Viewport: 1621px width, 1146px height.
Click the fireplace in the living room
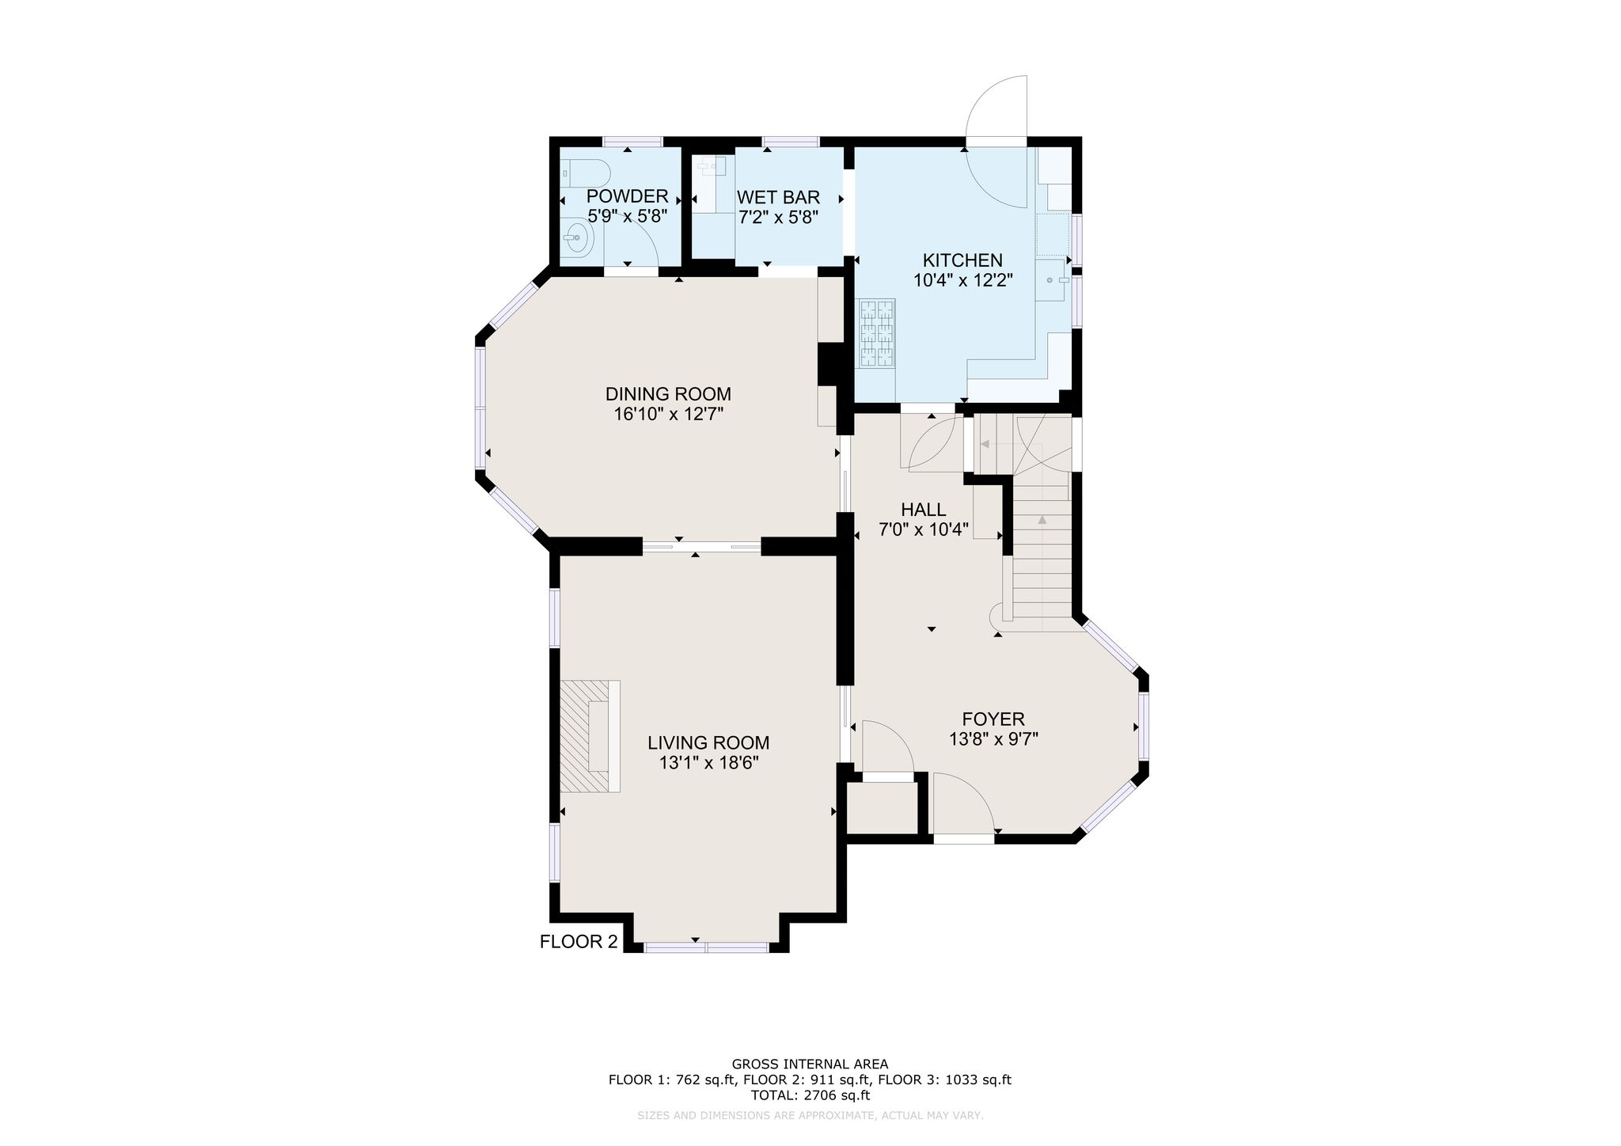pyautogui.click(x=590, y=735)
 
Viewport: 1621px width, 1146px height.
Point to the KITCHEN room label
pyautogui.click(x=962, y=260)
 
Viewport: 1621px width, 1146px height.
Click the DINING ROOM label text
pyautogui.click(x=668, y=394)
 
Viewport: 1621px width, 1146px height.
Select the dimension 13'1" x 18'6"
pyautogui.click(x=708, y=763)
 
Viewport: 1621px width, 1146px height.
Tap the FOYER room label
pyautogui.click(x=993, y=719)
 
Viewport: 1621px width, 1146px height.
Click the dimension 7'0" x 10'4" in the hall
pyautogui.click(x=924, y=529)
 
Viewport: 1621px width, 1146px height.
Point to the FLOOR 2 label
pyautogui.click(x=578, y=942)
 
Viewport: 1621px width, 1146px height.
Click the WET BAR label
pyautogui.click(x=778, y=197)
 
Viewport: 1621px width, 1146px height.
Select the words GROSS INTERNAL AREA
pyautogui.click(x=810, y=1064)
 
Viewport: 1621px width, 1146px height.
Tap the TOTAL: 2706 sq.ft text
pyautogui.click(x=810, y=1095)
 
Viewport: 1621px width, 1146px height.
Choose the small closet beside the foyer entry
pyautogui.click(x=883, y=807)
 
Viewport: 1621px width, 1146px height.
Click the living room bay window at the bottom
pyautogui.click(x=706, y=947)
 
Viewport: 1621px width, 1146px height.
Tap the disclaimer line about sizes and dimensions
pyautogui.click(x=810, y=1115)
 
